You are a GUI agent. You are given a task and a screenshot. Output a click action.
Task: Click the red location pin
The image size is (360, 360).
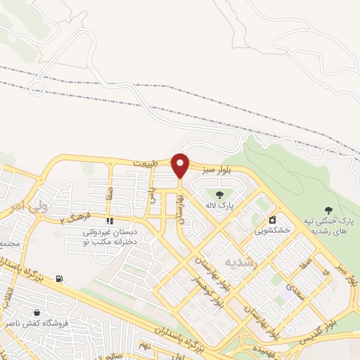(181, 165)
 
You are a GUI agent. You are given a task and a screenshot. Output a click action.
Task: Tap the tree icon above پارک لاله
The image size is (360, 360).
(219, 195)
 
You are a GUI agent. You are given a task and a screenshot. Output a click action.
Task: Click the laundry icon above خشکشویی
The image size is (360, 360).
(272, 219)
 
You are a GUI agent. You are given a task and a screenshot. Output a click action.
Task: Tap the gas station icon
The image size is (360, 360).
(59, 279)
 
